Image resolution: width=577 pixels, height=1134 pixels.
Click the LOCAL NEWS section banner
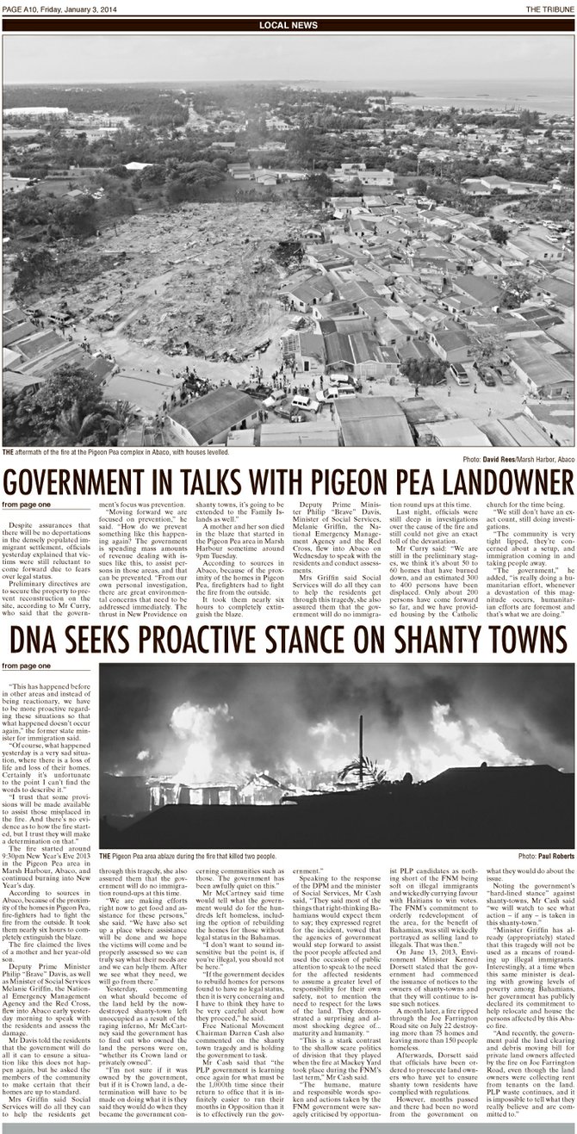pyautogui.click(x=288, y=25)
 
